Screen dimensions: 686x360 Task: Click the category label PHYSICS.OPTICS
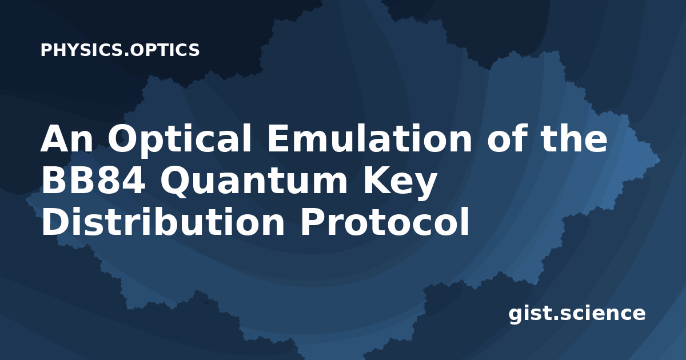[120, 50]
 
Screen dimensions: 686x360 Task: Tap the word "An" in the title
[66, 138]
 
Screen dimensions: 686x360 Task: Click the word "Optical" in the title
[180, 141]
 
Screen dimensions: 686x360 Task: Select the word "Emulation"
[370, 138]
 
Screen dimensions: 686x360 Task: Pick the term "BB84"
[93, 180]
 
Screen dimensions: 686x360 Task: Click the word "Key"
[400, 183]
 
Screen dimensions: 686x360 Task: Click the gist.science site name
[577, 314]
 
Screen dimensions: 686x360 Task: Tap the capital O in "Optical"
[122, 138]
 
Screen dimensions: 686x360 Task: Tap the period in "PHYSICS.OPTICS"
[126, 55]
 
